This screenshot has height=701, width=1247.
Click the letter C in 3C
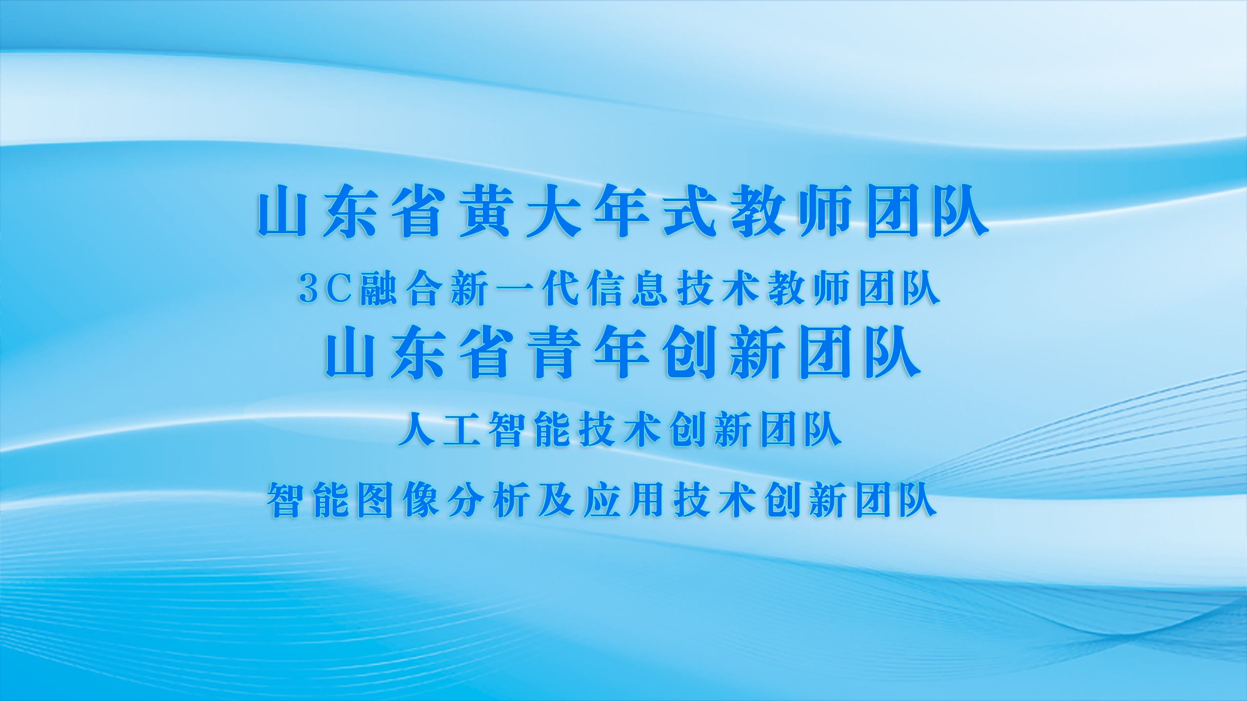pyautogui.click(x=339, y=289)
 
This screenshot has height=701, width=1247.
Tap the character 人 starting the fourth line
pyautogui.click(x=416, y=429)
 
